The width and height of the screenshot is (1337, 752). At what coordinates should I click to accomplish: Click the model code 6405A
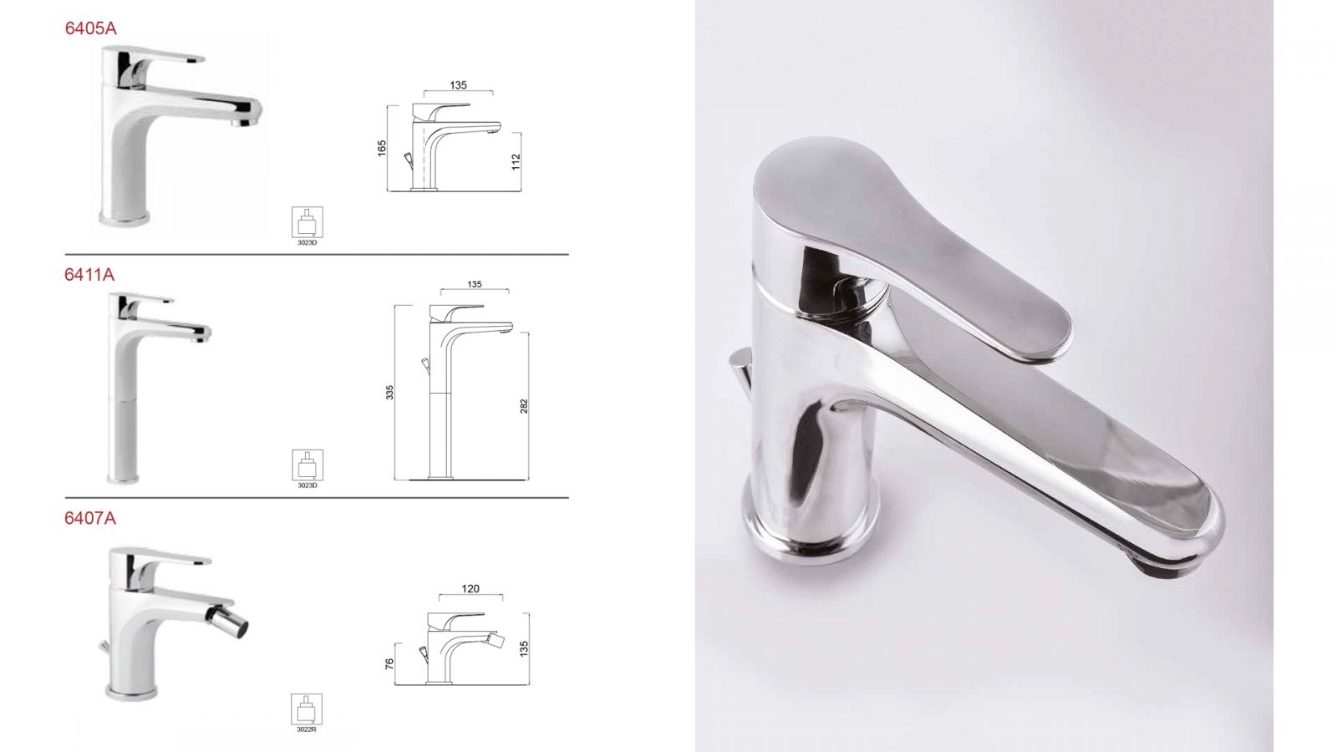tap(91, 28)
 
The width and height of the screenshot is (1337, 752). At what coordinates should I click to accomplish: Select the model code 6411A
tap(89, 275)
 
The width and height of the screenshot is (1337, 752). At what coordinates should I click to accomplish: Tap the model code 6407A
tap(90, 518)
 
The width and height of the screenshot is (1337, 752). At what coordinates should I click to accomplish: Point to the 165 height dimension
tap(382, 148)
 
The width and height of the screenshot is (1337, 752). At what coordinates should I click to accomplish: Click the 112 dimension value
tap(516, 162)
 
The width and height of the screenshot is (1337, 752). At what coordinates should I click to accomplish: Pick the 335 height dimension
tap(389, 392)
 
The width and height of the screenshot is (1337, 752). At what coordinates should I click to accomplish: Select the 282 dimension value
tap(524, 406)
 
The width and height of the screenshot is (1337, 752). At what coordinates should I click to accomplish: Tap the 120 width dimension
tap(470, 588)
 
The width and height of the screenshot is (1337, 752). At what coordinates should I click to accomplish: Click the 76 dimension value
tap(389, 663)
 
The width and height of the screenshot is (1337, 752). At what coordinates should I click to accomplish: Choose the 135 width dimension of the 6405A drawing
tap(459, 85)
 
